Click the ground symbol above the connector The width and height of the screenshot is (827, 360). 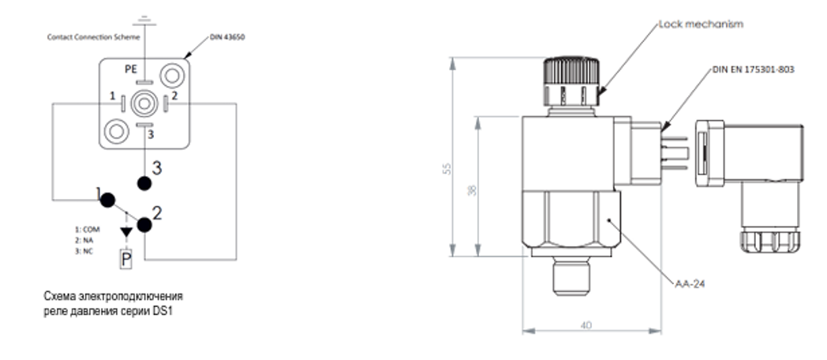click(142, 18)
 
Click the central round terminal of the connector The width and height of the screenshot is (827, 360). click(143, 103)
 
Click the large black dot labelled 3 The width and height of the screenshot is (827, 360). click(144, 182)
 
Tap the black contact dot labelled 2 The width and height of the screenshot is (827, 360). click(144, 226)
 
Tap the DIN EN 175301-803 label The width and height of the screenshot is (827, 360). click(753, 69)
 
